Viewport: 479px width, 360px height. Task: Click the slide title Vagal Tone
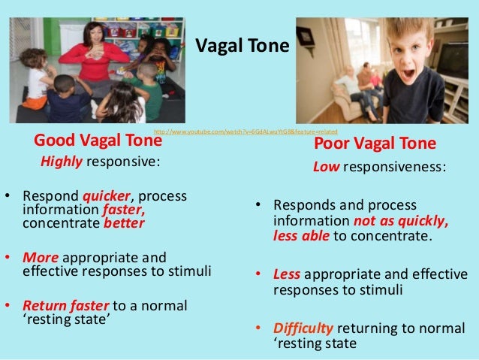242,47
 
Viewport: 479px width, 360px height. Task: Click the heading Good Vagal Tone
95,141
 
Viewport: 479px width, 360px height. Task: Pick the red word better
124,223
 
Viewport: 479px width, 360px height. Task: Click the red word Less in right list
286,274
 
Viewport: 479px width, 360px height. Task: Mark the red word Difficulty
303,328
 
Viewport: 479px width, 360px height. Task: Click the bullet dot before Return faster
8,306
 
